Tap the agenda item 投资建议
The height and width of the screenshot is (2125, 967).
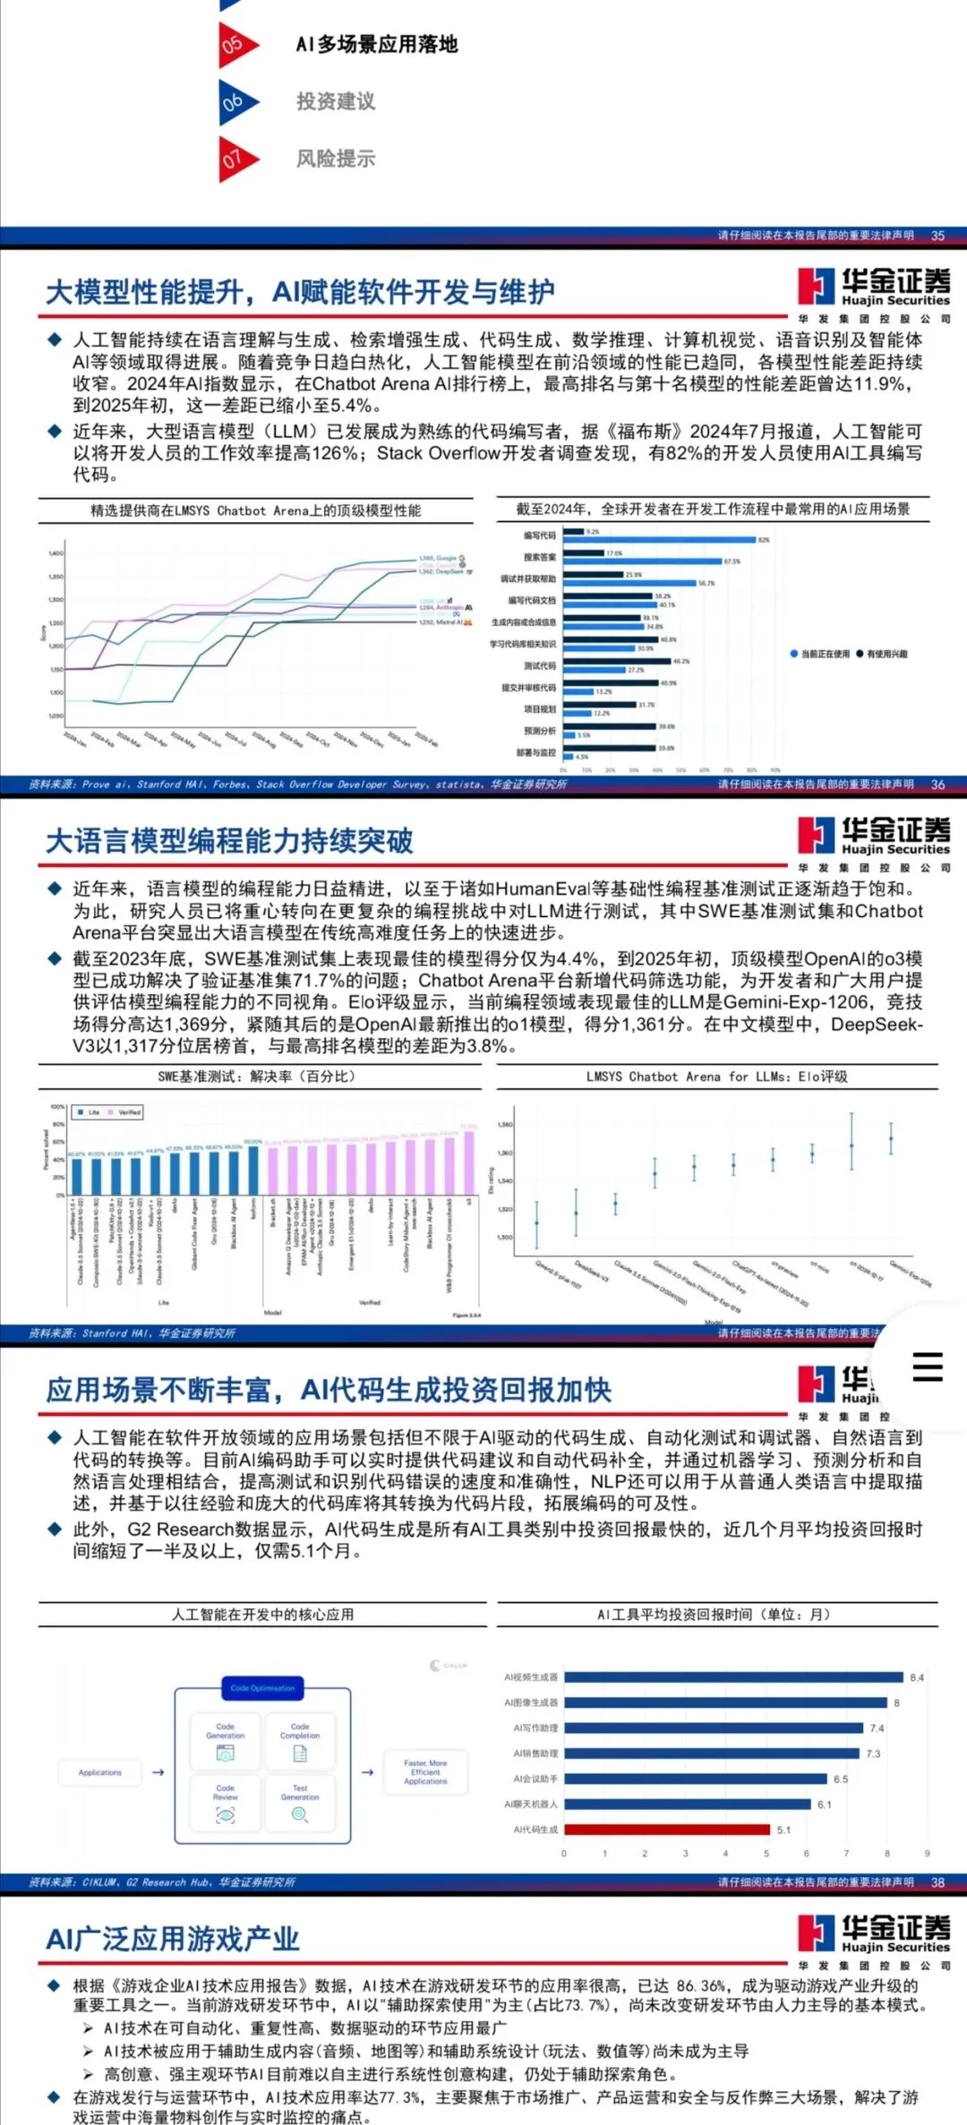[x=336, y=101]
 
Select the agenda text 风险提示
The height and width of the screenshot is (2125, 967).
[x=336, y=159]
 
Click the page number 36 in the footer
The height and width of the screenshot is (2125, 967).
[x=937, y=784]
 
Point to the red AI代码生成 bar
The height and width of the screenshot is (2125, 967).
[x=666, y=1829]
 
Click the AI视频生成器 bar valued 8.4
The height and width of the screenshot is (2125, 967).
[x=733, y=1677]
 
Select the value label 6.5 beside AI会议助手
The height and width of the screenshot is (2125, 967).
[x=840, y=1779]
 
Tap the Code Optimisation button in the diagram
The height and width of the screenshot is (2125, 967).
[x=262, y=1688]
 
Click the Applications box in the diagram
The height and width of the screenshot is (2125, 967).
[x=100, y=1772]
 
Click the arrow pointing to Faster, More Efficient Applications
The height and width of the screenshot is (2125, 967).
[x=367, y=1772]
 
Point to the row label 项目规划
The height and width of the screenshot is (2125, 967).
[x=539, y=709]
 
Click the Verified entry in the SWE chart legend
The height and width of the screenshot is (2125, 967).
[x=125, y=1112]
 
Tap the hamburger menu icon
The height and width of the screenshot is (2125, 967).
[x=927, y=1367]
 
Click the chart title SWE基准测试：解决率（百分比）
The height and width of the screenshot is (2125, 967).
[x=257, y=1076]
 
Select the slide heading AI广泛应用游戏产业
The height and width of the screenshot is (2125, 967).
[x=173, y=1940]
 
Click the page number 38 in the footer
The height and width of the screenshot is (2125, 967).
[x=937, y=1882]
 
